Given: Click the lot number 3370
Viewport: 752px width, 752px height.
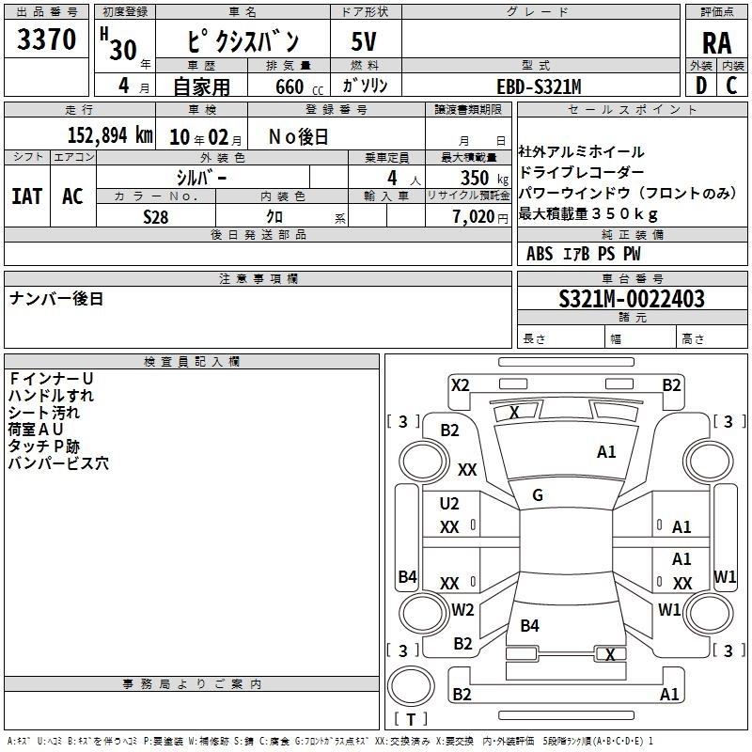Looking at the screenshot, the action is click(46, 39).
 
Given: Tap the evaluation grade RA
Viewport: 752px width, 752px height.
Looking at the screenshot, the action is click(716, 43).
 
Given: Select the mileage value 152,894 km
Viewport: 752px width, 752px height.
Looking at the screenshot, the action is click(110, 135).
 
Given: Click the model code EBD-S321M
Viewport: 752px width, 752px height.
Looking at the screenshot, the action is click(539, 86).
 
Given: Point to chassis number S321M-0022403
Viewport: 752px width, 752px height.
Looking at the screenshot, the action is click(632, 299).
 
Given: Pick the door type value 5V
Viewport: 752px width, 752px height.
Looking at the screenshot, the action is click(364, 41).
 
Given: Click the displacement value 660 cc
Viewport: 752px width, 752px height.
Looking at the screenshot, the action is click(299, 87).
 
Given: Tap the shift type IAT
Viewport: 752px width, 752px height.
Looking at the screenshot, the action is click(27, 196).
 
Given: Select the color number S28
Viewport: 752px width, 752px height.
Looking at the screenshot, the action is click(156, 217).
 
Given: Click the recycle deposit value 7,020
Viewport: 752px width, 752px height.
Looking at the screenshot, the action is click(474, 217).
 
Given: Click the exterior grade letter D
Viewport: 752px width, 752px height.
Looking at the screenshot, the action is click(701, 86).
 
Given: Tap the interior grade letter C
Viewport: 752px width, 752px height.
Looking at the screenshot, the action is click(731, 86).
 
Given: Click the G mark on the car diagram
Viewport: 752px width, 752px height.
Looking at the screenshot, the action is click(538, 495).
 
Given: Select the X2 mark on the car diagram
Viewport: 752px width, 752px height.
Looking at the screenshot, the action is click(460, 385).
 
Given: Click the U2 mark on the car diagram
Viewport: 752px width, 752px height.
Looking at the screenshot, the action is click(449, 504).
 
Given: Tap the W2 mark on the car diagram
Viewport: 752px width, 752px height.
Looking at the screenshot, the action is click(462, 609).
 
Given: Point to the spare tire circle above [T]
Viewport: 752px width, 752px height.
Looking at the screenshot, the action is click(411, 686).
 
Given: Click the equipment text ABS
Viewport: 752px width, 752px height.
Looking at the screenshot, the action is click(539, 254).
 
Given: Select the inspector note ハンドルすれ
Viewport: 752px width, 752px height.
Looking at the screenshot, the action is click(51, 396).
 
